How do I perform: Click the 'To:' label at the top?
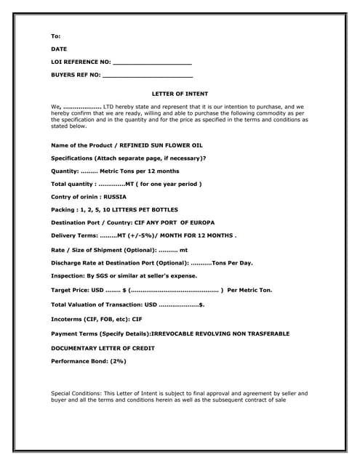pos(55,36)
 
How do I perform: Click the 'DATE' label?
pos(58,49)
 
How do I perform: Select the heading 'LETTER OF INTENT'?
pos(180,94)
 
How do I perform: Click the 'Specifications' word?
pos(71,158)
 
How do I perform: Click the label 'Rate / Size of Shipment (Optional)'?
pos(103,249)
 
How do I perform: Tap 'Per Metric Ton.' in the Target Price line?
pos(250,290)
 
